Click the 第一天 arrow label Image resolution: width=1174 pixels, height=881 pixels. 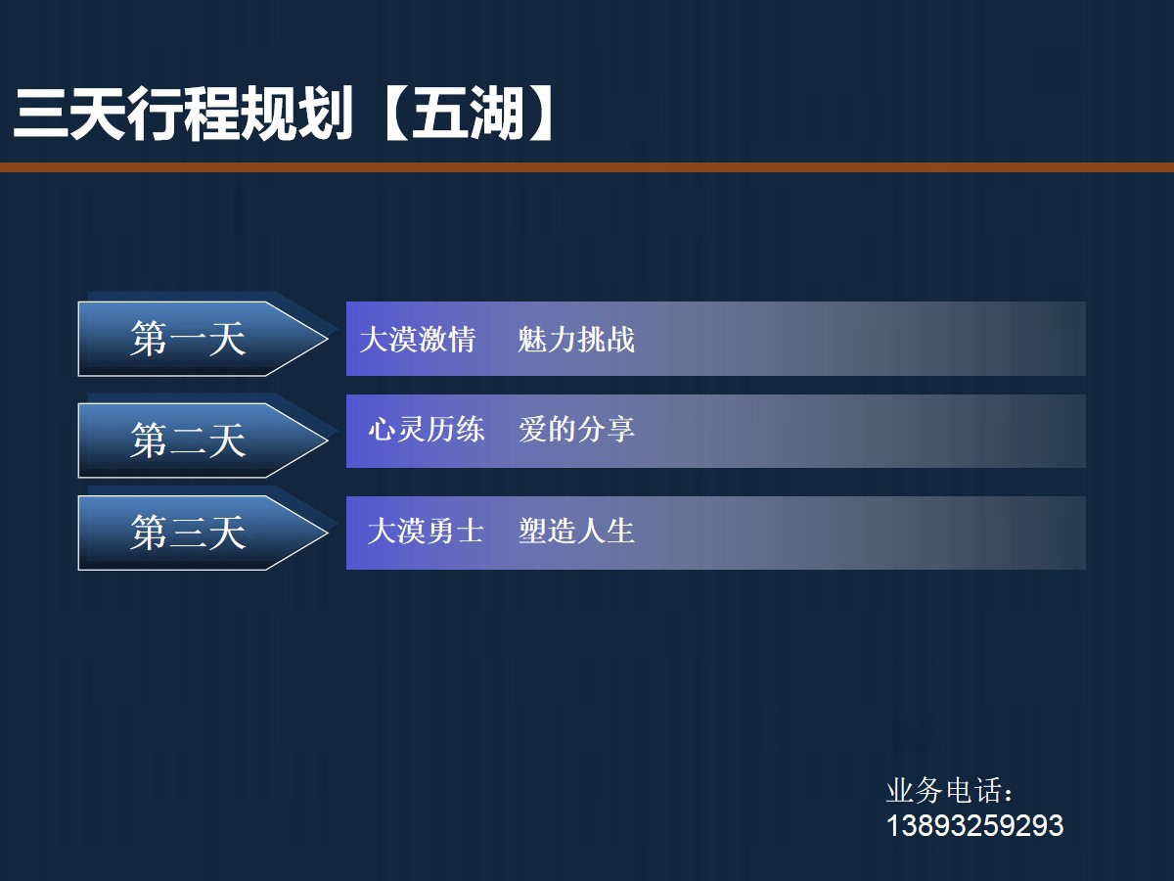[188, 340]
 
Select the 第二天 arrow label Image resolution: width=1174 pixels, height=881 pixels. [188, 440]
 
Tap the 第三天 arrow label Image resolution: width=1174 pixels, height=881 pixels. [188, 533]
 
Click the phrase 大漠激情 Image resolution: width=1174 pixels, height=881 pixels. [418, 340]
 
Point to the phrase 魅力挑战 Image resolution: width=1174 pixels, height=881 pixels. [576, 340]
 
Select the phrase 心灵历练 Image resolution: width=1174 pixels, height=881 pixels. [427, 430]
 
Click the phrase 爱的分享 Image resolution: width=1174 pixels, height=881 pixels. [576, 430]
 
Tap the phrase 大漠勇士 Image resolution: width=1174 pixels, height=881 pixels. [426, 531]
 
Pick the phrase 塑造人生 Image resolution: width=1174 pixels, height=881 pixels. [576, 531]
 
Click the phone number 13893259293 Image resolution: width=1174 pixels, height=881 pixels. [974, 825]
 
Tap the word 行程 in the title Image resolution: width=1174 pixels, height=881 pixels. [182, 115]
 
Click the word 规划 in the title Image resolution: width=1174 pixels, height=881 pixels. [295, 115]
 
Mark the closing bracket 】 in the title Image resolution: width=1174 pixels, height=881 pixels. [541, 115]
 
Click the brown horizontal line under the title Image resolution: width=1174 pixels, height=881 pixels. [587, 167]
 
